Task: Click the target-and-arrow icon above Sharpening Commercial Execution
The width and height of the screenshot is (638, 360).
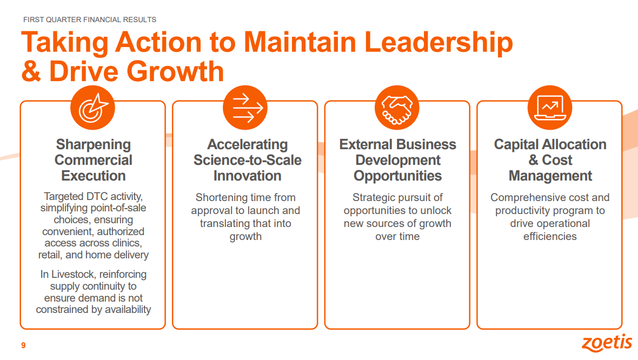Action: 93,108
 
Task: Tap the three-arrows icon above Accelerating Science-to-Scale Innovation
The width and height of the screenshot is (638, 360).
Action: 245,108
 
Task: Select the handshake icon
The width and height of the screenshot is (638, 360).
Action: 397,108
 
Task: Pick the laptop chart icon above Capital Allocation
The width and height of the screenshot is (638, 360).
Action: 550,108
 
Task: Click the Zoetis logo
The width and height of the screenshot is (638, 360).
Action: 607,343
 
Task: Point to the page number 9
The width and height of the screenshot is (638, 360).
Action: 23,345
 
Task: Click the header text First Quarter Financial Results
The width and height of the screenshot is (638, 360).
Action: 90,19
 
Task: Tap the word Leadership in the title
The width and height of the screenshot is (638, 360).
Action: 438,43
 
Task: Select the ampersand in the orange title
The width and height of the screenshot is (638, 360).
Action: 31,71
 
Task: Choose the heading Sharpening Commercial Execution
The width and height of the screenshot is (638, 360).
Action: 93,160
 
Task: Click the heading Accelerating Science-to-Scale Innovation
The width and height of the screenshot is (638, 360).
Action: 248,160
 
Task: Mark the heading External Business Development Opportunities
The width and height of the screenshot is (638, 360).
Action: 397,160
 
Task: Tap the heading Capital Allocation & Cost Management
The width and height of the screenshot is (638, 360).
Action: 550,160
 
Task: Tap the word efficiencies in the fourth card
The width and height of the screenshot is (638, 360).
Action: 550,236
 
